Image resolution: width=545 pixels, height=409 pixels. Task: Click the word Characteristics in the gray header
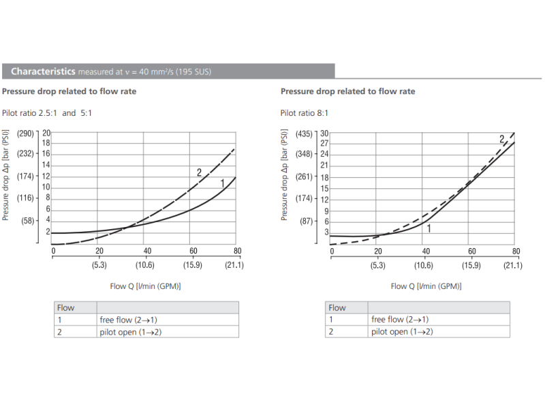coord(42,71)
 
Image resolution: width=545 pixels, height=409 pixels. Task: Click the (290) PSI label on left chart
coord(26,133)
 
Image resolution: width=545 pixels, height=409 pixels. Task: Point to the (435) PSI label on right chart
coord(305,134)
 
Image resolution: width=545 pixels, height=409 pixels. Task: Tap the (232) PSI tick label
coord(26,154)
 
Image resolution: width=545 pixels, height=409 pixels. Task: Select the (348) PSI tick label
coord(305,155)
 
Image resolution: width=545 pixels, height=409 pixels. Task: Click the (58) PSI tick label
coord(28,220)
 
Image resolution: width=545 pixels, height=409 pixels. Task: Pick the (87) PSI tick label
coord(307,222)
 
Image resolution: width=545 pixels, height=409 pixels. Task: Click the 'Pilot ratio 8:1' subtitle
coord(305,113)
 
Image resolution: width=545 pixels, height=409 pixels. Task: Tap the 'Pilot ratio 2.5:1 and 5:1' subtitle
coord(47,113)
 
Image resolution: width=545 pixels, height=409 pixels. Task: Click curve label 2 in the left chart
coord(199,173)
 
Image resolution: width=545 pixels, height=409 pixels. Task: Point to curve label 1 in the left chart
coord(222,183)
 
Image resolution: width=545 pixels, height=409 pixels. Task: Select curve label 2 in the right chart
coord(501,139)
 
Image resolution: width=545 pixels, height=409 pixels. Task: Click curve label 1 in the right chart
coord(429,229)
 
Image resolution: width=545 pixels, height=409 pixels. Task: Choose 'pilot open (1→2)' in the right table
coord(402,331)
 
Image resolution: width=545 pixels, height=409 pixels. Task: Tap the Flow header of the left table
coord(65,307)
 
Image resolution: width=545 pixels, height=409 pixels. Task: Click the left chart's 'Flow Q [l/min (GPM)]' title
coord(145,286)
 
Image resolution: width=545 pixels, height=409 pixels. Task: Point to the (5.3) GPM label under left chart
coord(99,266)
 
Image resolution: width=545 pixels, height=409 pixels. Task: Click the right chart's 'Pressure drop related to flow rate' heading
coord(347,91)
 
